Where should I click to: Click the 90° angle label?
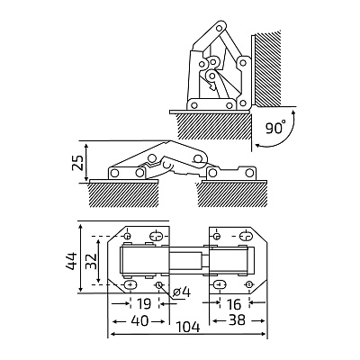(275, 127)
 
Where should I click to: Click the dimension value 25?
(79, 162)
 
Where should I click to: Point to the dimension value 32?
(91, 261)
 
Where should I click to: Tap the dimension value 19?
(144, 304)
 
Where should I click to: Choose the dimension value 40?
(139, 321)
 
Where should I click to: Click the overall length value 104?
(187, 327)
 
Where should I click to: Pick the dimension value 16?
(234, 304)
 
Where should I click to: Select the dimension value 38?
(237, 320)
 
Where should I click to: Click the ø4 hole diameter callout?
(182, 292)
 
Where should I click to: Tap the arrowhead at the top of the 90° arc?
(293, 112)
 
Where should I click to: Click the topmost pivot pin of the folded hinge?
(220, 28)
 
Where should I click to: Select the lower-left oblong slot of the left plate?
(130, 284)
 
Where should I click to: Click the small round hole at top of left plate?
(128, 235)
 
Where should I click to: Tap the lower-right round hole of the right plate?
(248, 284)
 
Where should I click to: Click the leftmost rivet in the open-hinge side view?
(114, 173)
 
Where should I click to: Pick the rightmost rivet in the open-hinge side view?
(248, 173)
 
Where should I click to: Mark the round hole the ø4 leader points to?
(159, 284)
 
